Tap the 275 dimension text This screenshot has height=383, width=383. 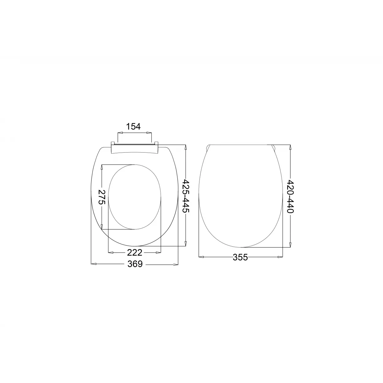pyautogui.click(x=102, y=197)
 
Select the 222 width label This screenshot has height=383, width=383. pyautogui.click(x=135, y=252)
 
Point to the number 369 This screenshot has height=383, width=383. pyautogui.click(x=135, y=264)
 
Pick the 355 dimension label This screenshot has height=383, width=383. pyautogui.click(x=240, y=258)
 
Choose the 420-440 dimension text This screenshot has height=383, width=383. pyautogui.click(x=290, y=197)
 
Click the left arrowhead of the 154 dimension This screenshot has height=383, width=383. pyautogui.click(x=120, y=133)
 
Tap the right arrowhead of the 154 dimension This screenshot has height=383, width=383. pyautogui.click(x=149, y=133)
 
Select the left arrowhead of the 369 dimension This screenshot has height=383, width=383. pyautogui.click(x=94, y=264)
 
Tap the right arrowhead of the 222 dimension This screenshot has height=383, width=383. pyautogui.click(x=159, y=252)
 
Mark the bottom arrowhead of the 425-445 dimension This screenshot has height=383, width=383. pyautogui.click(x=186, y=244)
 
